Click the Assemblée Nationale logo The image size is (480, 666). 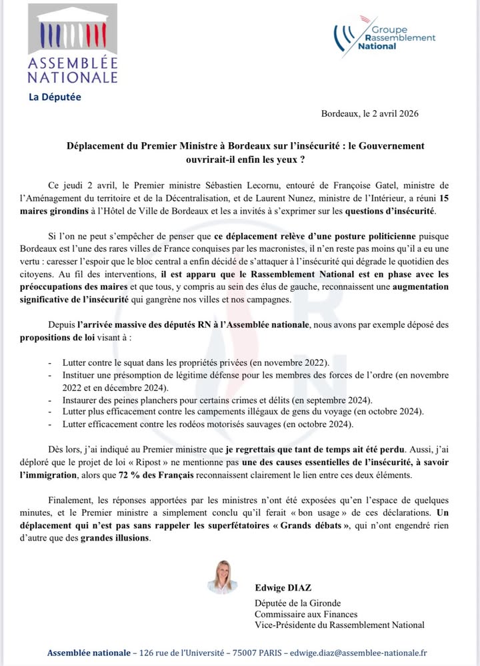[x=72, y=44]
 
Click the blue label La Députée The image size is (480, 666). [x=55, y=97]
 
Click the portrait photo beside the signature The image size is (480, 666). [x=222, y=577]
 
